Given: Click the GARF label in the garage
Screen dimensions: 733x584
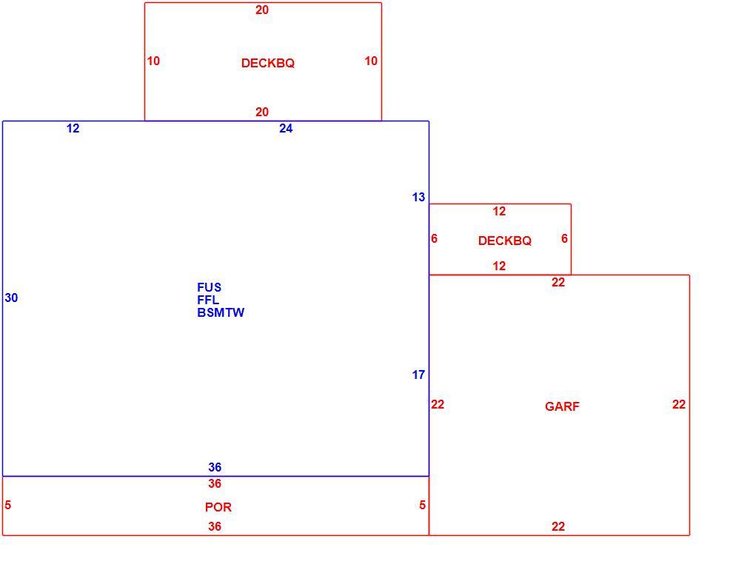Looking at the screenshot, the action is [x=562, y=406].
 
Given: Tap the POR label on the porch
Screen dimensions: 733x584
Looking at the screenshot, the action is [x=218, y=507].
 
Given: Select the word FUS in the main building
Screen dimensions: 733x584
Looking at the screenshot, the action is [x=209, y=287].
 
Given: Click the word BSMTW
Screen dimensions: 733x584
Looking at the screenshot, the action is [x=221, y=312].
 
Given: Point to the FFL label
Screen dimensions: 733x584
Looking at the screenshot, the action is [x=208, y=300].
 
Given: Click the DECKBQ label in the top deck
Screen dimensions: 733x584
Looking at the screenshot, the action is [x=268, y=63].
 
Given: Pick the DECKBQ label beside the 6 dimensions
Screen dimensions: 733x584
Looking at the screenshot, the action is [x=505, y=241].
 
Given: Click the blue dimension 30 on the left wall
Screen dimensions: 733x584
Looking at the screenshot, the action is [x=11, y=298].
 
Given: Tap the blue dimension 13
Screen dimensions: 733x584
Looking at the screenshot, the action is [x=418, y=197].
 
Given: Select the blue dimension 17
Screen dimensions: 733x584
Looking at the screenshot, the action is [x=418, y=375].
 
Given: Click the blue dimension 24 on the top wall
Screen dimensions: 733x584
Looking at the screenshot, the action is [x=286, y=129].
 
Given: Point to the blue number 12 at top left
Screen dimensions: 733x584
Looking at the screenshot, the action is [x=73, y=129].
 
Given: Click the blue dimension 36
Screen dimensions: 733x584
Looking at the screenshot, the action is [x=215, y=467].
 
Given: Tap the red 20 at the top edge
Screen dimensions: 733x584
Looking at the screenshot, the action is [x=262, y=10].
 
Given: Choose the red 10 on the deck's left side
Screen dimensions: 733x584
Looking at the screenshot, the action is [x=153, y=61].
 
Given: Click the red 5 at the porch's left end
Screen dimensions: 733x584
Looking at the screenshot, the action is [x=8, y=505].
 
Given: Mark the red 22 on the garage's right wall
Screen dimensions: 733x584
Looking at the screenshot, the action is [x=679, y=404].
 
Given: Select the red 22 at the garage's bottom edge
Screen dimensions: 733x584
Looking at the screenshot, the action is [x=558, y=526].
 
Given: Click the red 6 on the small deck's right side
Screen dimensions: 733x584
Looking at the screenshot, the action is [x=564, y=239].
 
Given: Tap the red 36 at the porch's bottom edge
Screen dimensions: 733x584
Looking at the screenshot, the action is [x=215, y=526].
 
